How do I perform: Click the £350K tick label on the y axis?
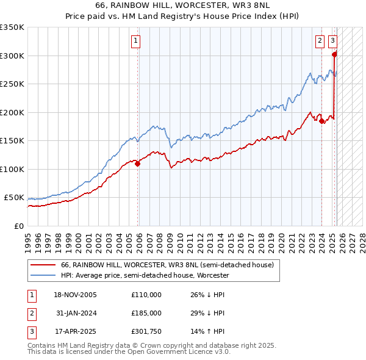(x=12, y=27)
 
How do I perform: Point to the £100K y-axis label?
(x=12, y=169)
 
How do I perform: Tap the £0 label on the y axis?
(x=19, y=226)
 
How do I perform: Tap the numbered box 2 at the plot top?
(x=320, y=41)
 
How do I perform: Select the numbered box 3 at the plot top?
(x=332, y=41)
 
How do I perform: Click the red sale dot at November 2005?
(x=138, y=164)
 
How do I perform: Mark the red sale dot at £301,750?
(x=334, y=54)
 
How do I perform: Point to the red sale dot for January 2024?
(x=321, y=121)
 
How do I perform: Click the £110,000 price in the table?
(x=146, y=295)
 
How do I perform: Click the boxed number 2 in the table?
(x=31, y=313)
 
